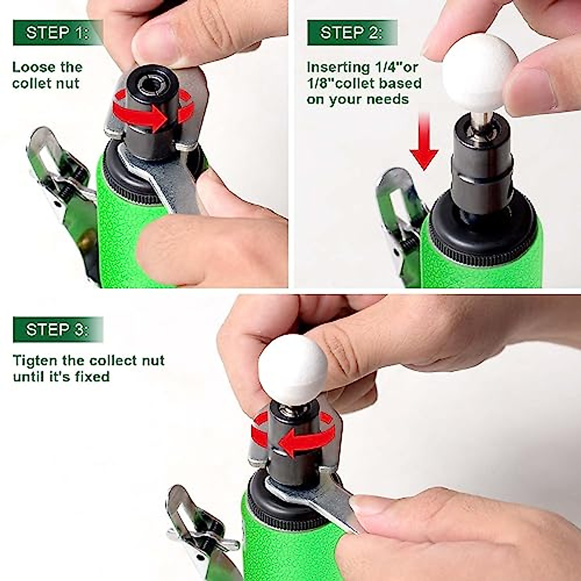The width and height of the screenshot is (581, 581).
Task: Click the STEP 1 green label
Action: click(x=57, y=33)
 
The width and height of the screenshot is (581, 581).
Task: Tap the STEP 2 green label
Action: click(x=352, y=33)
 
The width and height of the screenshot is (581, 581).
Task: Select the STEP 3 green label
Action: click(x=57, y=330)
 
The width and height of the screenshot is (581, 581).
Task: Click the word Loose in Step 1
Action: click(x=30, y=67)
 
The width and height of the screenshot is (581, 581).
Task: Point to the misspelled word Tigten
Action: click(x=32, y=361)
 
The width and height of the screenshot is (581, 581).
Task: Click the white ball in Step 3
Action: click(x=293, y=366)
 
